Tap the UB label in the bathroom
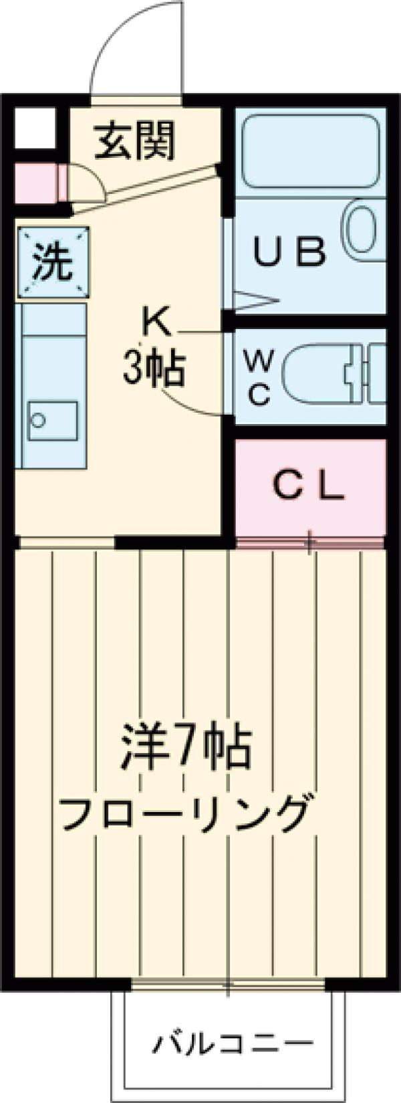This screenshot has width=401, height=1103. point(291,252)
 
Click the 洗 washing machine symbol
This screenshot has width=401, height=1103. point(53,263)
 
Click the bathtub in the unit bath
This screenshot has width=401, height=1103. point(310,150)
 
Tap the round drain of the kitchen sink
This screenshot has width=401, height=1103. point(39,419)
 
